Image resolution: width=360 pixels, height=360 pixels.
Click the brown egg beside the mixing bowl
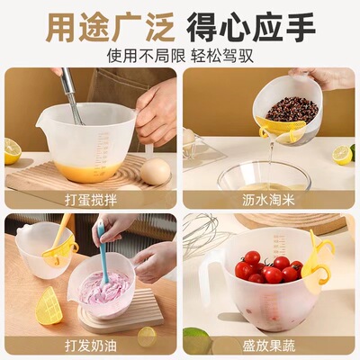point(155,170)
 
